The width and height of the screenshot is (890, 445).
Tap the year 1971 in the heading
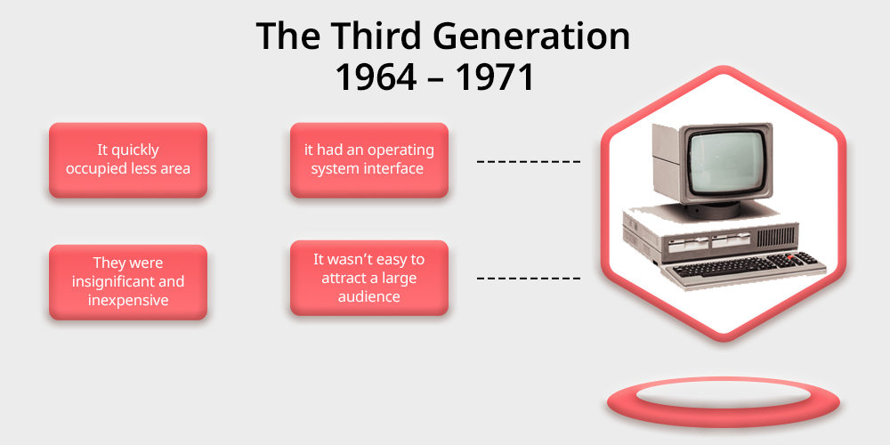point(495,77)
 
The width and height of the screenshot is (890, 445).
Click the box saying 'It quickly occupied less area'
point(128,159)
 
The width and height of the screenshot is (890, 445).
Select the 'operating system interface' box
point(369,159)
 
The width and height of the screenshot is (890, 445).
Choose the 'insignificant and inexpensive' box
point(128,281)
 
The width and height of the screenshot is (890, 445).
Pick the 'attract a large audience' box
point(369,278)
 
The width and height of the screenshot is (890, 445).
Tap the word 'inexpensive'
point(128,300)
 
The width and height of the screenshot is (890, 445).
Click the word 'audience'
point(369,296)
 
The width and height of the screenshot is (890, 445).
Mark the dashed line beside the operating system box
point(529,162)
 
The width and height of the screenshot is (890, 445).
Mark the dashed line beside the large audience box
point(529,279)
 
